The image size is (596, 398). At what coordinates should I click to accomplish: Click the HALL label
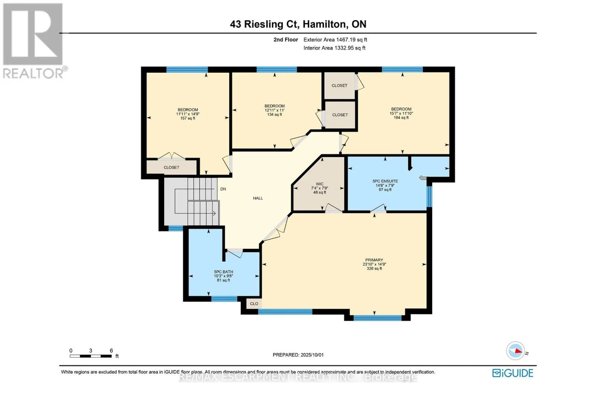pyautogui.click(x=258, y=198)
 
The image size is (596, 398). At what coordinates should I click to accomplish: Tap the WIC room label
pyautogui.click(x=320, y=184)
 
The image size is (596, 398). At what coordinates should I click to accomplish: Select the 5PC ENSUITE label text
pyautogui.click(x=385, y=181)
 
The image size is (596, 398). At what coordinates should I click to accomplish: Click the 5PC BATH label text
pyautogui.click(x=223, y=272)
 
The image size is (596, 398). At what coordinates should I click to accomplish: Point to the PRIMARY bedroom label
pyautogui.click(x=374, y=260)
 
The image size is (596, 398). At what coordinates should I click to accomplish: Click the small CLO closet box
pyautogui.click(x=254, y=304)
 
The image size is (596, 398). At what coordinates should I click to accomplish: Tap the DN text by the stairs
pyautogui.click(x=223, y=189)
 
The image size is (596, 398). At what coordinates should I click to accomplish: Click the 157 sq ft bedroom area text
pyautogui.click(x=188, y=118)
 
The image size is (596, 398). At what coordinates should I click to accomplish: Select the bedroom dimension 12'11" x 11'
pyautogui.click(x=275, y=110)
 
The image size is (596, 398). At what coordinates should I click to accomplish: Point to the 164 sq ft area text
pyautogui.click(x=401, y=117)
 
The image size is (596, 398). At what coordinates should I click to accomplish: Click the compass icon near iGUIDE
pyautogui.click(x=516, y=351)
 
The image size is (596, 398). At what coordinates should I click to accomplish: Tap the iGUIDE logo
pyautogui.click(x=513, y=373)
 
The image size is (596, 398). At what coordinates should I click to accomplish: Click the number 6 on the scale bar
pyautogui.click(x=111, y=351)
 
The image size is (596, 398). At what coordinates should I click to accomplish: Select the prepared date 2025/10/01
pyautogui.click(x=311, y=355)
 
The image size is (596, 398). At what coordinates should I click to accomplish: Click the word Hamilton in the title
pyautogui.click(x=324, y=24)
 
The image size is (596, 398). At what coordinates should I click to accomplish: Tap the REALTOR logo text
pyautogui.click(x=34, y=73)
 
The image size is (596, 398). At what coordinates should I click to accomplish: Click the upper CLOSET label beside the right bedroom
pyautogui.click(x=339, y=85)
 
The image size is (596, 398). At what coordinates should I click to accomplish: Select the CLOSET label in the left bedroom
pyautogui.click(x=171, y=167)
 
